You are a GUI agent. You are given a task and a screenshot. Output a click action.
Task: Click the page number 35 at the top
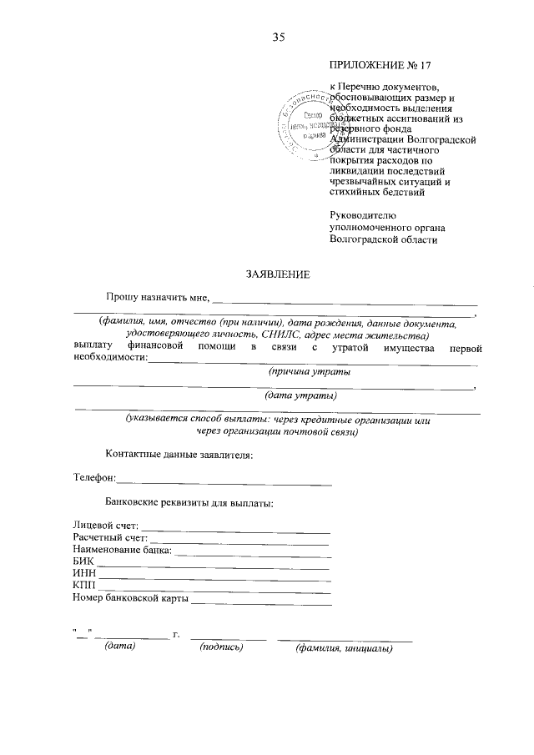279,36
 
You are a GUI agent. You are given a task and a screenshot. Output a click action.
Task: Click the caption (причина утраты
304,370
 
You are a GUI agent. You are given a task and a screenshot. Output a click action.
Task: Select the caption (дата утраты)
300,395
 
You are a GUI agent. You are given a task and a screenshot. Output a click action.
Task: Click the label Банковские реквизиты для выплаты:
189,503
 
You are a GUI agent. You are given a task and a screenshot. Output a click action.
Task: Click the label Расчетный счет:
109,539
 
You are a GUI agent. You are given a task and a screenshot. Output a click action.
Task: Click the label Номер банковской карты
131,598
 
